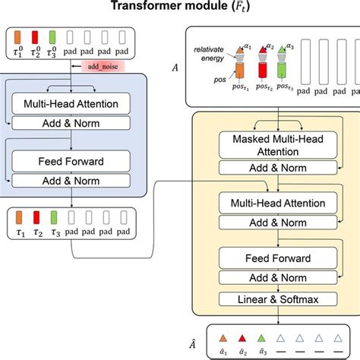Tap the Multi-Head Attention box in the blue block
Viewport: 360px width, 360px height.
(x=71, y=103)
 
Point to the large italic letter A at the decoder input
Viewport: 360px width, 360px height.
(x=176, y=68)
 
